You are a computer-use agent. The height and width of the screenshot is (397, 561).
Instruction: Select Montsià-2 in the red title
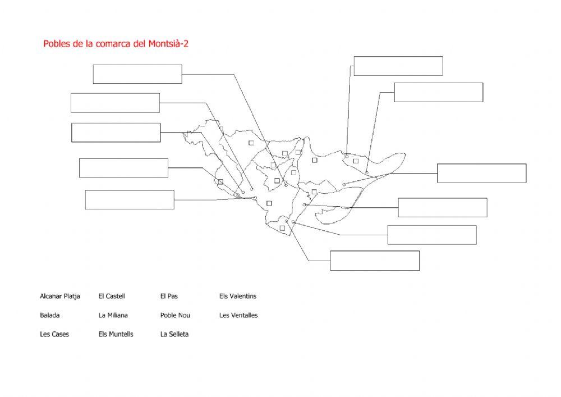point(168,44)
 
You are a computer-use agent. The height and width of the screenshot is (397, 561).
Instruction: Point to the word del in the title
point(139,44)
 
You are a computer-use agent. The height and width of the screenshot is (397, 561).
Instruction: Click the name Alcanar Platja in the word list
point(60,296)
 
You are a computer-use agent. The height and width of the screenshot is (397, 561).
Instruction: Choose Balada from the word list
point(50,316)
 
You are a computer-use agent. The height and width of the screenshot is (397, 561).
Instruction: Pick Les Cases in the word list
point(54,334)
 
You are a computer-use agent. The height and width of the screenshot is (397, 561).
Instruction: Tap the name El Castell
point(112,296)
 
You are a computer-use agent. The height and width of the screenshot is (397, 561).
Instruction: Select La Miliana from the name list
point(113,316)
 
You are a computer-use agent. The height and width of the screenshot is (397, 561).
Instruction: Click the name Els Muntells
point(116,334)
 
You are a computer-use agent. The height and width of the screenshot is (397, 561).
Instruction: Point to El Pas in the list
point(169,296)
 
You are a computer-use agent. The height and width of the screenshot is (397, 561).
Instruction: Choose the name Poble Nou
point(175,316)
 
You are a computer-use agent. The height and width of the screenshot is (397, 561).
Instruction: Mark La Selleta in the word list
point(174,334)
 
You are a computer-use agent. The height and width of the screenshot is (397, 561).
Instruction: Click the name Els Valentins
point(238,296)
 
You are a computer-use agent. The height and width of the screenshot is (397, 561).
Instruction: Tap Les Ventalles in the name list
point(238,316)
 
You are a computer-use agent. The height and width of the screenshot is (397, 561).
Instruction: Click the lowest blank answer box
point(375,261)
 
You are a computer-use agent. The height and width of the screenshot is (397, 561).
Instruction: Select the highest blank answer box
point(398,66)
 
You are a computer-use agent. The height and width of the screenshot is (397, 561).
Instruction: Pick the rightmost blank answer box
point(481,174)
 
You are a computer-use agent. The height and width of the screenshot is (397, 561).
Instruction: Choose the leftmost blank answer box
point(115,103)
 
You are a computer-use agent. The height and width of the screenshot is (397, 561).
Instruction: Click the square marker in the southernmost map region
point(282,228)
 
